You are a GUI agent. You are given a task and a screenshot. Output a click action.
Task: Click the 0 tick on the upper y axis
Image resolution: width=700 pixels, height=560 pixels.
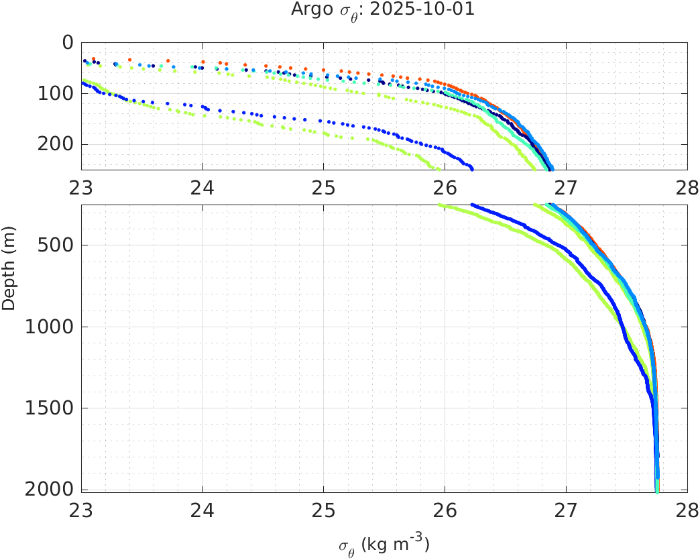67,43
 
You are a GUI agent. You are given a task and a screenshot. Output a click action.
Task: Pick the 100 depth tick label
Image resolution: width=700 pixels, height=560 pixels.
57,93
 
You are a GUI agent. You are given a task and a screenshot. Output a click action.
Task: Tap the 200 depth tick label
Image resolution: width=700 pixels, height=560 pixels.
57,144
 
